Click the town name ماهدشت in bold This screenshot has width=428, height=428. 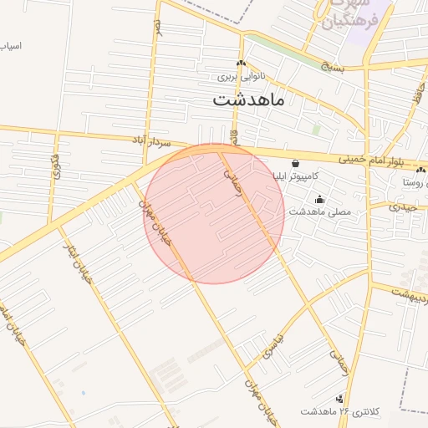pyautogui.click(x=249, y=100)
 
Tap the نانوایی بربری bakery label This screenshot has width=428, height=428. pyautogui.click(x=242, y=76)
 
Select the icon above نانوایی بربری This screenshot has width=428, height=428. pyautogui.click(x=242, y=64)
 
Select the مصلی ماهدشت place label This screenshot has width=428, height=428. pyautogui.click(x=321, y=212)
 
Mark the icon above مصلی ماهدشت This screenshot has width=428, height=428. pyautogui.click(x=319, y=200)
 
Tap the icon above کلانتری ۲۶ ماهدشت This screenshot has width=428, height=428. pyautogui.click(x=339, y=400)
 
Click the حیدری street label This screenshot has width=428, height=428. pyautogui.click(x=407, y=206)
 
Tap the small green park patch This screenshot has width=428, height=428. pyautogui.click(x=317, y=130)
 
